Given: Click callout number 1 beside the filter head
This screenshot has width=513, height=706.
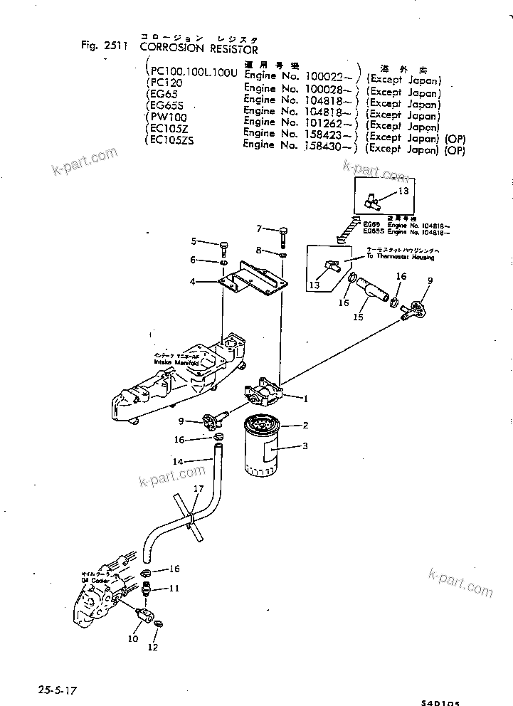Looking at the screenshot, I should pos(306,399).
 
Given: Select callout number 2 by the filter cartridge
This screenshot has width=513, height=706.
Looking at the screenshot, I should pos(305,426).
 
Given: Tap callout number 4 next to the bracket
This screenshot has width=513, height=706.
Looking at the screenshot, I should pos(193,282).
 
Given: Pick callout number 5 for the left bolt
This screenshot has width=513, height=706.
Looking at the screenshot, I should pos(193,243).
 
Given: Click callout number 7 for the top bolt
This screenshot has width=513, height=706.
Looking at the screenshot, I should pos(260,228).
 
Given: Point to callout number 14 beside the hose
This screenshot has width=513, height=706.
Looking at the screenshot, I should pos(179,462).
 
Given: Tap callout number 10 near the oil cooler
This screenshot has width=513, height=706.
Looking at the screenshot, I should pos(133,639).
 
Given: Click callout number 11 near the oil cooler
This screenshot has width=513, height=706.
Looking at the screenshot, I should pos(174,589).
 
